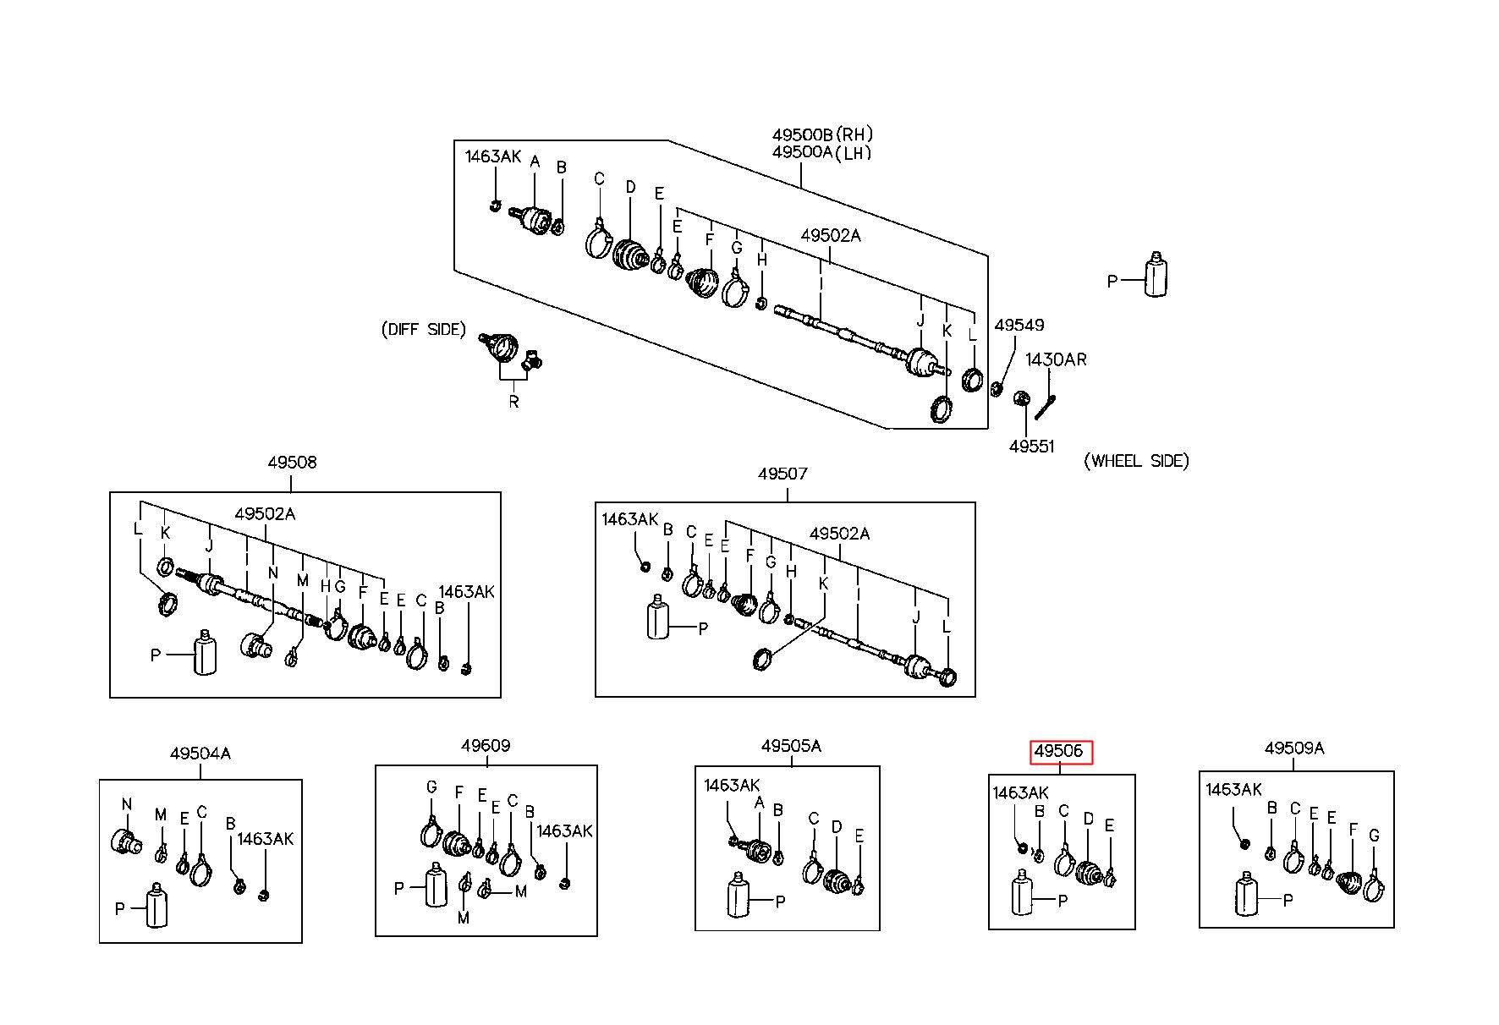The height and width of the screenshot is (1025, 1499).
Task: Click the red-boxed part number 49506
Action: point(1059,751)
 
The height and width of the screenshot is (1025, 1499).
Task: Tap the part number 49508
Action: point(292,463)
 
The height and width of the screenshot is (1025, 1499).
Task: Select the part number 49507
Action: point(782,474)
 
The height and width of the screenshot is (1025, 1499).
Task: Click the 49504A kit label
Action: point(200,752)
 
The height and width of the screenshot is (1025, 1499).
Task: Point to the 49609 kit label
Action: point(486,746)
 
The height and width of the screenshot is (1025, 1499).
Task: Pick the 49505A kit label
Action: point(791,746)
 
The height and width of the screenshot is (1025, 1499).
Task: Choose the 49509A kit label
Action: point(1294,748)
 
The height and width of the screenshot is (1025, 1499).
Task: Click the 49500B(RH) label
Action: point(822,134)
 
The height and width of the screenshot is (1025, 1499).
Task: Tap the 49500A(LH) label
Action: point(821,152)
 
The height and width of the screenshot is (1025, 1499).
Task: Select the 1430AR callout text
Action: point(1056,359)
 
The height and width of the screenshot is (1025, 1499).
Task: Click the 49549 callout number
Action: point(1019,325)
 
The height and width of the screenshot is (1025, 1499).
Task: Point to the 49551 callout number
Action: point(1032,446)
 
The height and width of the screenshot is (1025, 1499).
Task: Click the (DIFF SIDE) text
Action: point(424,329)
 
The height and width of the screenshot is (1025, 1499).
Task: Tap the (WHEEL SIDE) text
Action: point(1136,461)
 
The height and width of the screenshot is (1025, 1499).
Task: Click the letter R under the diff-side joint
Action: point(513,402)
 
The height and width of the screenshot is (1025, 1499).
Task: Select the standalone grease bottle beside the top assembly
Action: point(1156,274)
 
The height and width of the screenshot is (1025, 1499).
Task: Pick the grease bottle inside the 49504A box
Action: point(156,905)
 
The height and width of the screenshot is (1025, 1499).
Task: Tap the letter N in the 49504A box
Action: point(127,804)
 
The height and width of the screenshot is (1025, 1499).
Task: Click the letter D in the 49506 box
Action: point(1089,819)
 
